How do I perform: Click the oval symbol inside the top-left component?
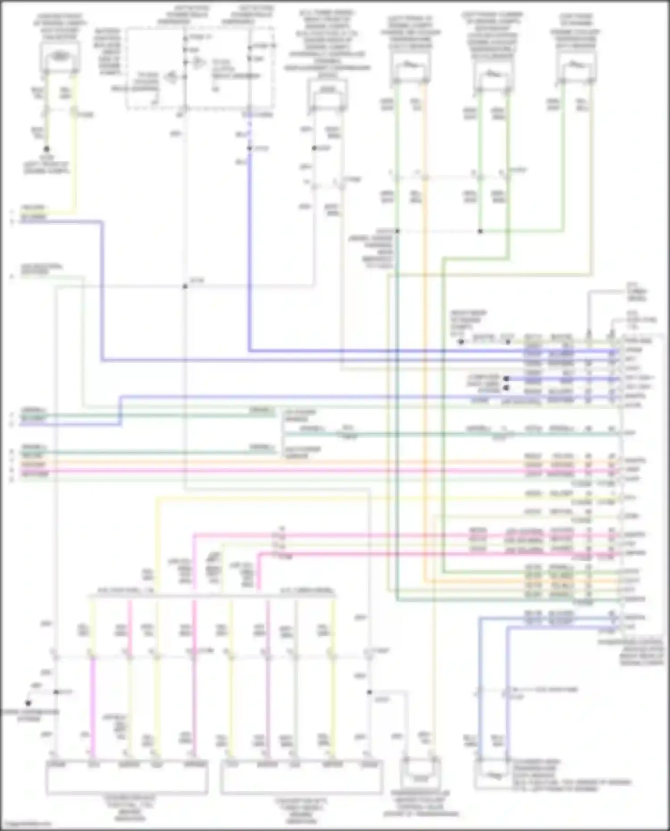(x=60, y=56)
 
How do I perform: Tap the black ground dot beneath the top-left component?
(x=46, y=149)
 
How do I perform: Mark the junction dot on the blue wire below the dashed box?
(x=249, y=148)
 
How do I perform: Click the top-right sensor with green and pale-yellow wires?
(x=577, y=70)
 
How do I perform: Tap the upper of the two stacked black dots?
(x=506, y=379)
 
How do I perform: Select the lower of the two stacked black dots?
(x=506, y=388)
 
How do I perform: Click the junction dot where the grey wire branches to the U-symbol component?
(x=369, y=692)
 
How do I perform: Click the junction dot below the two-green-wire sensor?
(x=480, y=231)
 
